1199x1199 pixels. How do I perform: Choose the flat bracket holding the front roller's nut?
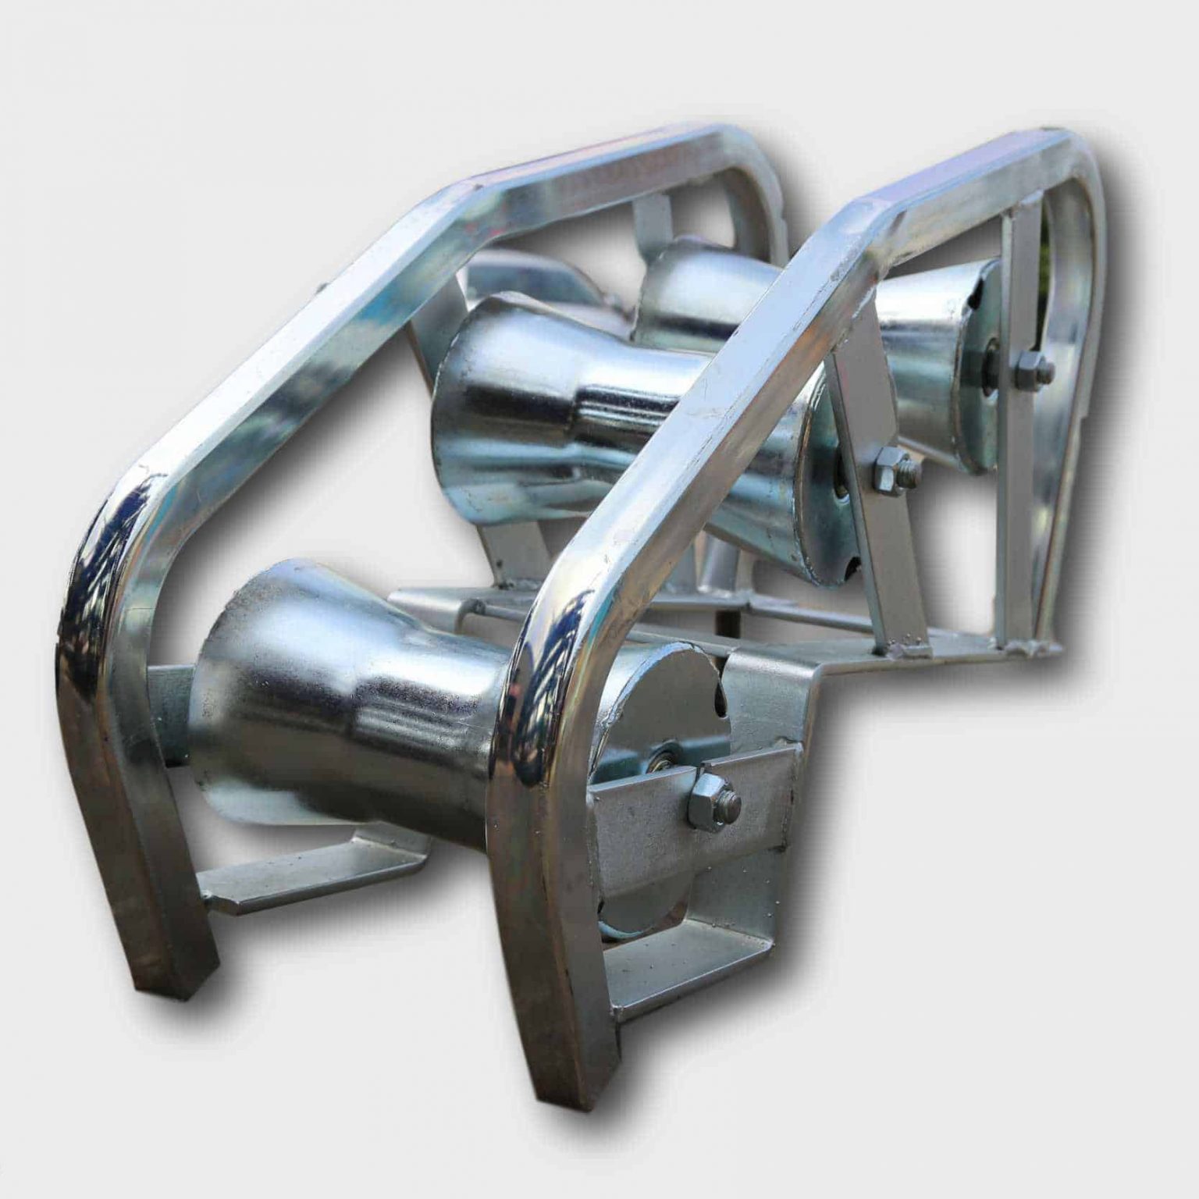[703, 827]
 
